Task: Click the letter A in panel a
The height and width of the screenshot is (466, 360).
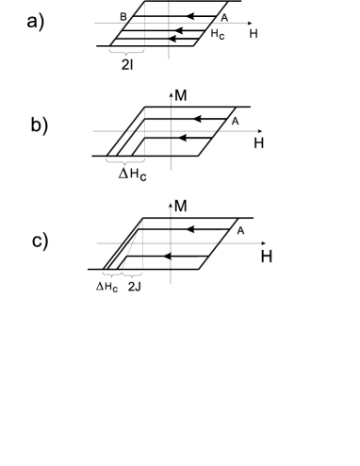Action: point(223,16)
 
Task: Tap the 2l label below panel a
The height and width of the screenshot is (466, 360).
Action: point(128,69)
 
